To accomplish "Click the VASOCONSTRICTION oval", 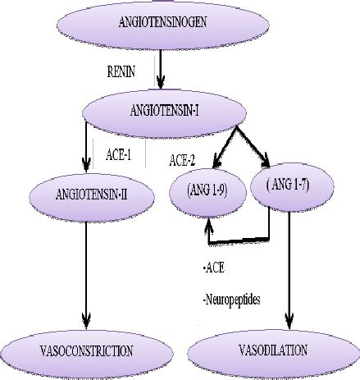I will pos(85,350).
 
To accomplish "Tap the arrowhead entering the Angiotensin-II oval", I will pos(87,163).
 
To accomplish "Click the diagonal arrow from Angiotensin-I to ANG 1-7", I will pos(261,149).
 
